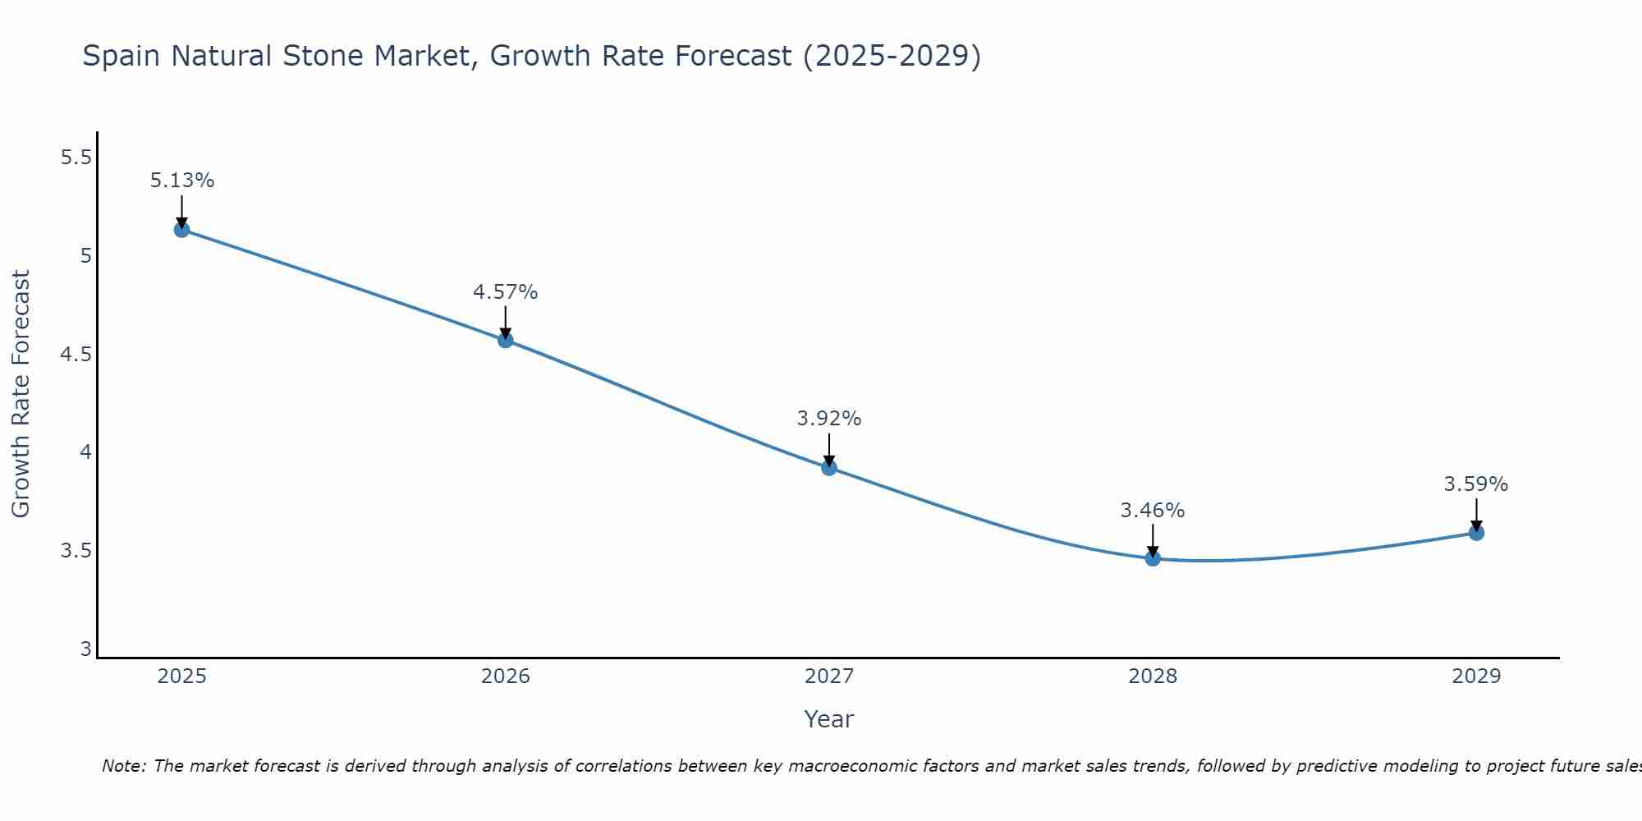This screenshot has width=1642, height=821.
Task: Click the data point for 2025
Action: [x=181, y=229]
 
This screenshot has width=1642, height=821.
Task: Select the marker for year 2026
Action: [x=505, y=340]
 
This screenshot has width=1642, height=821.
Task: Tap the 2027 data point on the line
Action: [x=829, y=468]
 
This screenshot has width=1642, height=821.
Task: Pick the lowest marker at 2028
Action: [x=1153, y=559]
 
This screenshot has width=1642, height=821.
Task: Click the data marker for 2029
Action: [x=1476, y=533]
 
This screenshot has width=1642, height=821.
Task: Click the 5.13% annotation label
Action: [x=181, y=181]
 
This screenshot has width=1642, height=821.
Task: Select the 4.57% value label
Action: [x=505, y=292]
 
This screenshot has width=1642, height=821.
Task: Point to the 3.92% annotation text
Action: [x=829, y=419]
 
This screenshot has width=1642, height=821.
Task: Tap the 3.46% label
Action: [x=1153, y=511]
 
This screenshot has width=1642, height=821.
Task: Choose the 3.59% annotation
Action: [x=1476, y=484]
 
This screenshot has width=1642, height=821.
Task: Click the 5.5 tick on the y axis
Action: [x=76, y=158]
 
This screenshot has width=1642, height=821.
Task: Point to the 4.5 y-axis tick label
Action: [x=76, y=355]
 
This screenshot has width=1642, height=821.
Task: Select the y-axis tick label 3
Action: [x=85, y=649]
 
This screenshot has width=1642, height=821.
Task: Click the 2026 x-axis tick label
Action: [x=505, y=677]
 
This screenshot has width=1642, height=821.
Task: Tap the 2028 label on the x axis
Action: [x=1153, y=677]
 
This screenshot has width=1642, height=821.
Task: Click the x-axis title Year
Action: [x=829, y=719]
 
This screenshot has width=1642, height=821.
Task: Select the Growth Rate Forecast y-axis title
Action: [x=21, y=394]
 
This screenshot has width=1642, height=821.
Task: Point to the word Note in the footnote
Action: [x=123, y=766]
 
